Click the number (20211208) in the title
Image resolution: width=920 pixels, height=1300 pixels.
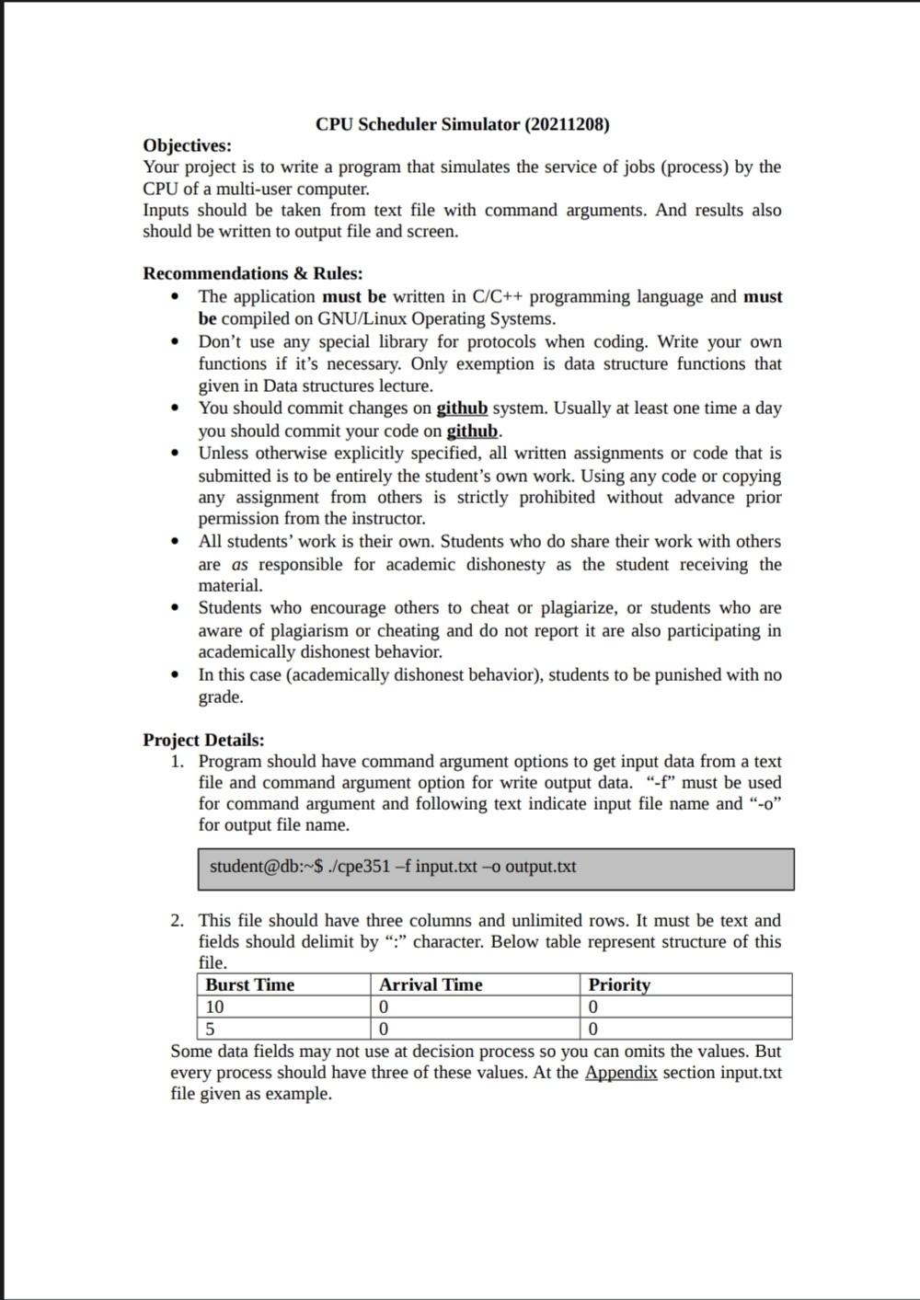click(567, 124)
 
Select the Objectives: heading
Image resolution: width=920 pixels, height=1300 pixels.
click(187, 145)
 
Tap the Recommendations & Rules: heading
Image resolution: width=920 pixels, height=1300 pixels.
click(252, 273)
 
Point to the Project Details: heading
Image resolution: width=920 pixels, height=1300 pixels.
click(203, 740)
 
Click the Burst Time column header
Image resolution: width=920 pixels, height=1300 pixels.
click(249, 984)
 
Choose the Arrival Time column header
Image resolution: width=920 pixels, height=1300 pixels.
click(431, 984)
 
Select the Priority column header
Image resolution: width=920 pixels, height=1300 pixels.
click(619, 984)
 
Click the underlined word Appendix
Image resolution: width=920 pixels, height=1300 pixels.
click(620, 1072)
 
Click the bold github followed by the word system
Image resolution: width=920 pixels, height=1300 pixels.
click(462, 408)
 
